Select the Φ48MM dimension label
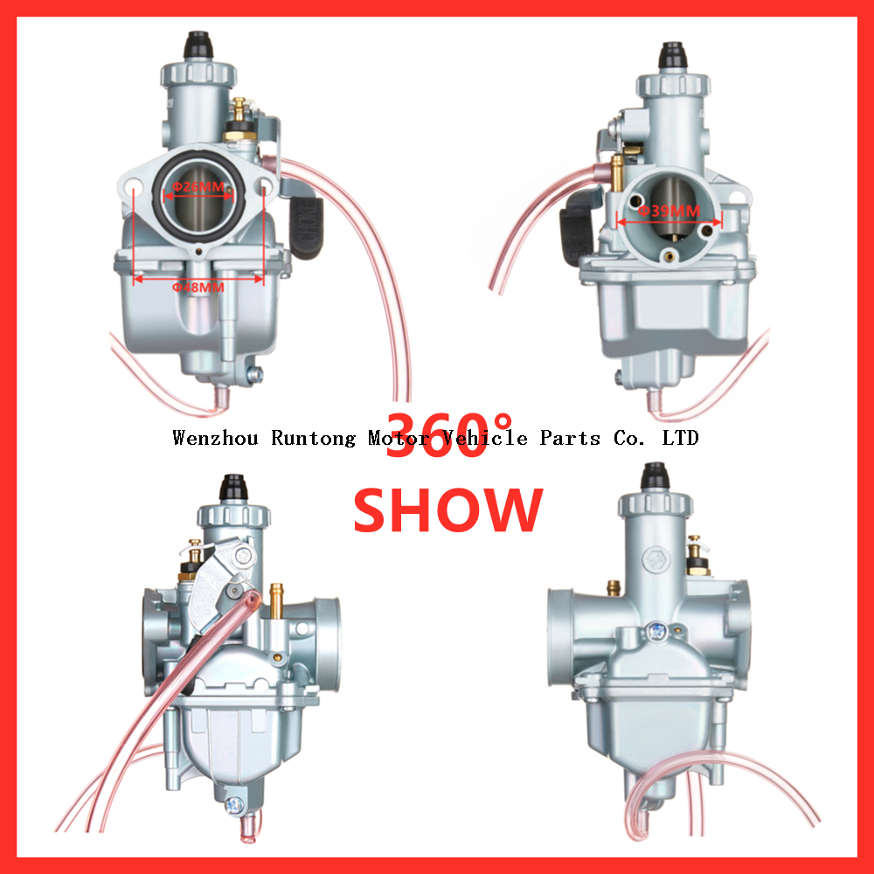(x=198, y=286)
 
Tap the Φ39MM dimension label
(x=669, y=211)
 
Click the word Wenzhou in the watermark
(x=215, y=438)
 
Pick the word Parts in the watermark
(x=570, y=438)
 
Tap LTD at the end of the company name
(x=681, y=438)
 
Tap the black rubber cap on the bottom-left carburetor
(x=232, y=484)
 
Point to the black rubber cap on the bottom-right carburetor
(x=655, y=475)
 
